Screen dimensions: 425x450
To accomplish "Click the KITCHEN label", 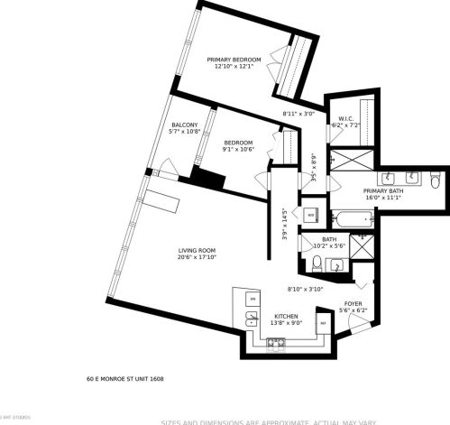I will point(286,317).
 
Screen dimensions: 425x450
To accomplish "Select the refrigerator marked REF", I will point(322,323).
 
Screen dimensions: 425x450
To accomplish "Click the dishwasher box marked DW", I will point(253,299).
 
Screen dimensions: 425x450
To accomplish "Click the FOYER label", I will point(354,303).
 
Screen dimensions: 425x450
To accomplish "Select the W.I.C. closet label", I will point(345,118).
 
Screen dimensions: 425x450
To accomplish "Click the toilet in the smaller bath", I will point(317,263).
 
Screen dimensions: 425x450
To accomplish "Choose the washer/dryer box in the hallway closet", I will point(309,215).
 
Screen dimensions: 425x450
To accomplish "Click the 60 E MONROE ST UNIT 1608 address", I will point(124,379).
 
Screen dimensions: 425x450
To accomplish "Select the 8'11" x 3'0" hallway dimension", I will point(298,114).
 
